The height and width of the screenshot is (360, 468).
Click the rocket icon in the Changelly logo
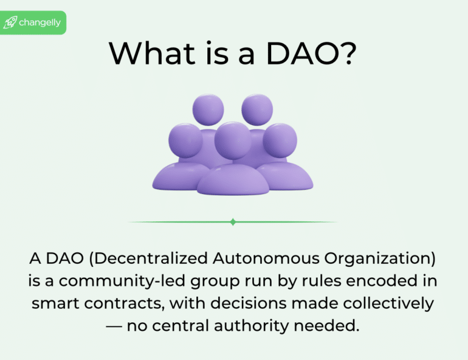click(10, 23)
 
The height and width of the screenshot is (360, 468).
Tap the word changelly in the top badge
click(40, 23)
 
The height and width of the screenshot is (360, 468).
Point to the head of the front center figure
click(232, 139)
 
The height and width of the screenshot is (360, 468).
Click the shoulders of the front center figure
click(233, 179)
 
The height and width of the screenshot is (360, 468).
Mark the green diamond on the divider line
click(233, 222)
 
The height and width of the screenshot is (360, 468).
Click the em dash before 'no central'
click(114, 326)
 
